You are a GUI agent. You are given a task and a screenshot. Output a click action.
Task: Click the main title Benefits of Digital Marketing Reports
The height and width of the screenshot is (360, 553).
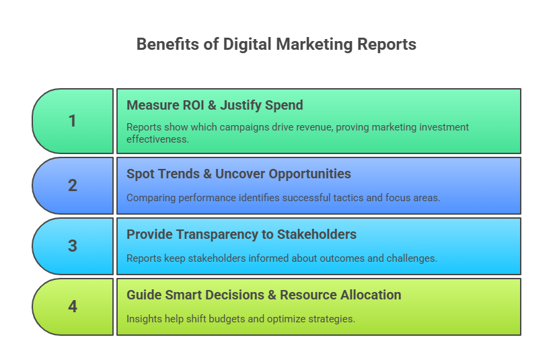[x=276, y=44]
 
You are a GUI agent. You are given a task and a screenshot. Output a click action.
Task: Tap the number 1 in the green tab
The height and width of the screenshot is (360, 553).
[x=73, y=121]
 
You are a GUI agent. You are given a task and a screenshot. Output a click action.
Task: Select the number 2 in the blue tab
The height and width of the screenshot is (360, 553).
[x=73, y=185]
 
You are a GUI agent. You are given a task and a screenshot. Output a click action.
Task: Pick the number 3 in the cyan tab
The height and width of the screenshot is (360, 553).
[x=73, y=246]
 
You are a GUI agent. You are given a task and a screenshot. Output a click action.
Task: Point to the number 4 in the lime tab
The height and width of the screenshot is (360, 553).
[x=73, y=306]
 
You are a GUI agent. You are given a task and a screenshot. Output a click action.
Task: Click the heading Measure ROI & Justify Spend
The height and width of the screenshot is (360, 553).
[x=215, y=105]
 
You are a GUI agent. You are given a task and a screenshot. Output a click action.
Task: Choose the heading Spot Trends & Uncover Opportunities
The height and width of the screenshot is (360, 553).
[x=239, y=174]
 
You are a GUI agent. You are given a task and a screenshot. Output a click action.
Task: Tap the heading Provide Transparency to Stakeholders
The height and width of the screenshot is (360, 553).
[x=242, y=234]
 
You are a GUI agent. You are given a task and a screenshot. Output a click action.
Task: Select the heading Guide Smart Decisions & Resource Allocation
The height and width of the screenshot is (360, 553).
[x=264, y=295]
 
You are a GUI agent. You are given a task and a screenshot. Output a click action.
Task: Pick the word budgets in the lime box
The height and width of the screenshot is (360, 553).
[x=226, y=319]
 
